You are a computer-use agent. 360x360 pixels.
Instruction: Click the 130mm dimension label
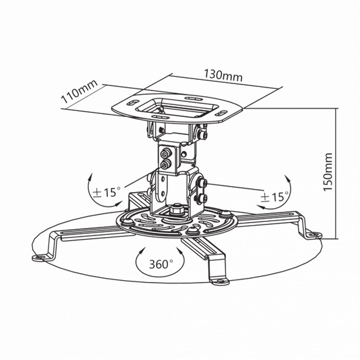click(223, 76)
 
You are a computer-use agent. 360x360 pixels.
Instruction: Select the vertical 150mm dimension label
click(328, 172)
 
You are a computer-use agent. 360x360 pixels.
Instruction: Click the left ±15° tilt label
click(106, 192)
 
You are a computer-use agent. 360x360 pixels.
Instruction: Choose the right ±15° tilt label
click(275, 197)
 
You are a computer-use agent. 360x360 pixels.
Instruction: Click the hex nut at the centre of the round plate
click(176, 209)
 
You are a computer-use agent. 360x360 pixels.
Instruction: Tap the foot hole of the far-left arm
click(41, 256)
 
